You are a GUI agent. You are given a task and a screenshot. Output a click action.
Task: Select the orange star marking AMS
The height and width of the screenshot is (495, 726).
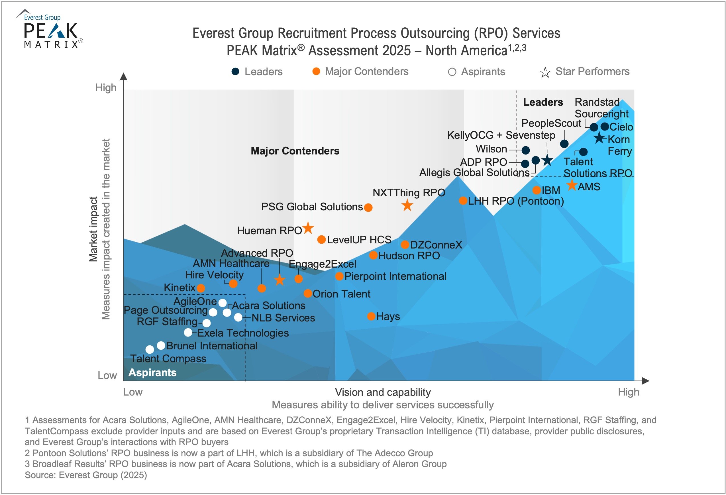click(572, 185)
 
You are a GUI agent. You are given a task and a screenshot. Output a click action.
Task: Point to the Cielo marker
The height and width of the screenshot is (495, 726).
click(605, 127)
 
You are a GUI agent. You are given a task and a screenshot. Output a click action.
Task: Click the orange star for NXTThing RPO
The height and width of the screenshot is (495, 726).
click(407, 205)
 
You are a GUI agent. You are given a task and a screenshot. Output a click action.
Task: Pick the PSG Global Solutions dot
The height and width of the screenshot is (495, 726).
click(368, 207)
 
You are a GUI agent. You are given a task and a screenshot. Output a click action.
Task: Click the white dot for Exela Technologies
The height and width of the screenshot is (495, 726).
click(188, 332)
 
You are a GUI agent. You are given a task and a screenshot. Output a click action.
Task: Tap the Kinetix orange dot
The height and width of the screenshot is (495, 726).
click(201, 288)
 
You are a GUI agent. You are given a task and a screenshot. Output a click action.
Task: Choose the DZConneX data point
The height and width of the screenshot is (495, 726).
click(405, 245)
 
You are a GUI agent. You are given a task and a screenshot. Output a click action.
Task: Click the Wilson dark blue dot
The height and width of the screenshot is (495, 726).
click(526, 150)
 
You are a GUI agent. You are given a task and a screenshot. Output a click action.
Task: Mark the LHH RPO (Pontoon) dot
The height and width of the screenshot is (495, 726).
click(463, 201)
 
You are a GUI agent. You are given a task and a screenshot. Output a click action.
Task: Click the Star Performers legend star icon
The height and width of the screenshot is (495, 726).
click(545, 72)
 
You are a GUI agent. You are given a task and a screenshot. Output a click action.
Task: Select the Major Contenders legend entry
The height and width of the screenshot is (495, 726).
click(360, 72)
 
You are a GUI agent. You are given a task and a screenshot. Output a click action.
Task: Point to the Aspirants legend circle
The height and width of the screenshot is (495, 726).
click(452, 72)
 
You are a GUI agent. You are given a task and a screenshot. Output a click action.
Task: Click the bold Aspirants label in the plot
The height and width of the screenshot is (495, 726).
click(152, 372)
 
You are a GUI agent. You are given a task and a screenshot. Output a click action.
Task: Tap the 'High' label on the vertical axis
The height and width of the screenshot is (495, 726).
click(106, 88)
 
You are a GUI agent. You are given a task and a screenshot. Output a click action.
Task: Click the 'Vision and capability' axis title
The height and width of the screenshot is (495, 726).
click(383, 392)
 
